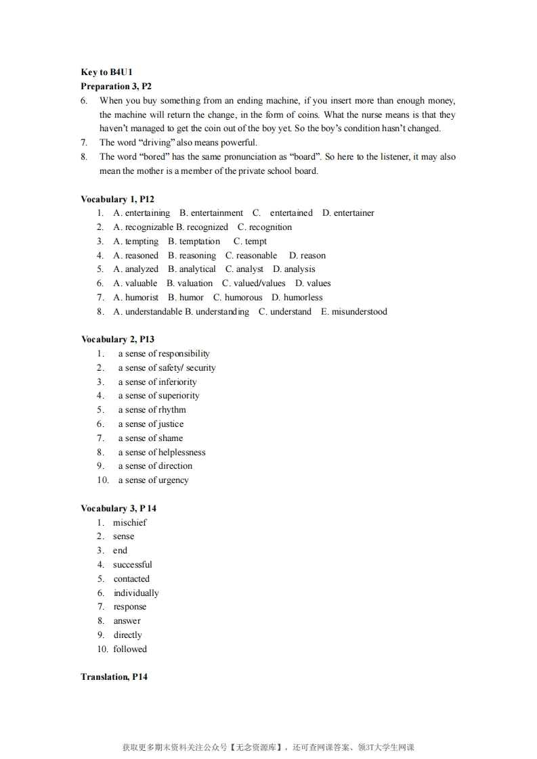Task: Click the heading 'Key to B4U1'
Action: (106, 72)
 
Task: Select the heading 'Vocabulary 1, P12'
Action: (117, 199)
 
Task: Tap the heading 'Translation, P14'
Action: (114, 676)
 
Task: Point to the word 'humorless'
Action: (303, 298)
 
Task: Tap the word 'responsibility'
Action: (184, 354)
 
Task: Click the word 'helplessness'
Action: (182, 453)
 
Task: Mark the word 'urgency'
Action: (173, 480)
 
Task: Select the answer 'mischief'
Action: (130, 523)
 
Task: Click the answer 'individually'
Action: (136, 593)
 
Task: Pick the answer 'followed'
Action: (130, 649)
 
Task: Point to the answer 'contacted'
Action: (131, 579)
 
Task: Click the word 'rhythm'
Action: (172, 410)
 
